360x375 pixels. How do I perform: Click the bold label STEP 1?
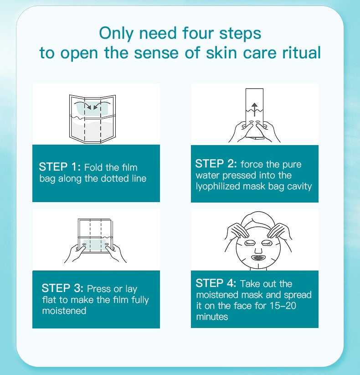(x=60, y=167)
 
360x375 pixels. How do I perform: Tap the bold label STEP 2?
(x=216, y=164)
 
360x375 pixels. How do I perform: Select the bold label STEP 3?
(x=62, y=288)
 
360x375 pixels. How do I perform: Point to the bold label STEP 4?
(x=216, y=283)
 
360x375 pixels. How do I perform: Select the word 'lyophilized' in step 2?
(x=218, y=186)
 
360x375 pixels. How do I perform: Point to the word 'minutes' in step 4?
(x=212, y=317)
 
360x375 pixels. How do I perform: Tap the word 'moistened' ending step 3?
(x=64, y=311)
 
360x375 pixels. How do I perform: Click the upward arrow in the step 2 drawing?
(x=255, y=109)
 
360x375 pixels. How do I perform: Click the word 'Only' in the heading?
(x=116, y=33)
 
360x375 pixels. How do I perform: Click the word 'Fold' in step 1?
(x=93, y=167)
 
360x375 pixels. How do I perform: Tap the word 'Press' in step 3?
(x=98, y=289)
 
